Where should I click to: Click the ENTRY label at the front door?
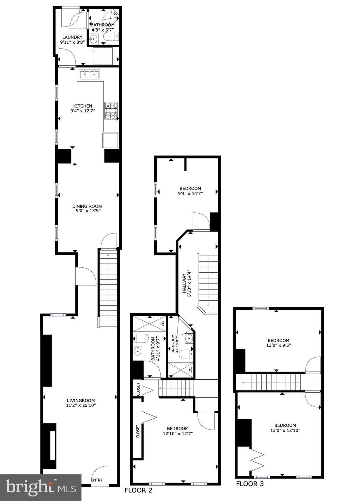point(97,480)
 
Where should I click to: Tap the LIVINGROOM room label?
point(81,401)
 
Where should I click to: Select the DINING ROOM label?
point(87,206)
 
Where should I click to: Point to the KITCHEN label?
point(83,106)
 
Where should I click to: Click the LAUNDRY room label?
point(72,37)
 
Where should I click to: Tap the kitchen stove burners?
point(111,110)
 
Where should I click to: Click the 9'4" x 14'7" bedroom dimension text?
point(190,193)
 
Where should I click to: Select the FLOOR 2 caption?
point(138,490)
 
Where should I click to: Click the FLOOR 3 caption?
point(250,484)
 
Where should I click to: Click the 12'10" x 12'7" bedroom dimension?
point(178,433)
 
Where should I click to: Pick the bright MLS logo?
point(40,488)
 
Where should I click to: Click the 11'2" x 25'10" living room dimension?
point(81,405)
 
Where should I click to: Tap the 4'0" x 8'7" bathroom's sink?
point(189,339)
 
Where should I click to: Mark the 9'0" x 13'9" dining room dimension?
point(87,211)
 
